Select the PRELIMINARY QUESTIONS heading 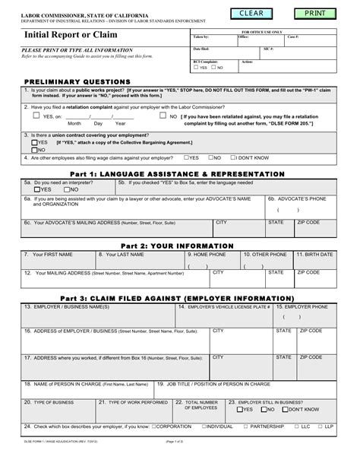tap(77, 81)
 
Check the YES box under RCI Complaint tap(195, 68)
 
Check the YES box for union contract tap(34, 142)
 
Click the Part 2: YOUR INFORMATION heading tap(179, 246)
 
